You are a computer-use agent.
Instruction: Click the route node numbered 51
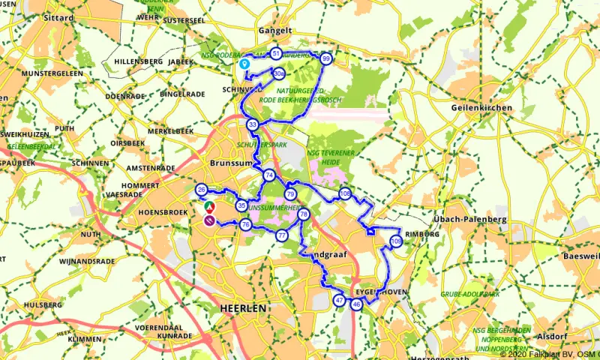point(277,54)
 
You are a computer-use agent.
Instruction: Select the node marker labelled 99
point(325,58)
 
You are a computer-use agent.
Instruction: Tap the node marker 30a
point(278,73)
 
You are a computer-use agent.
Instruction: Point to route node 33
point(253,124)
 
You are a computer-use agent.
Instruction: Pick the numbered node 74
point(269,175)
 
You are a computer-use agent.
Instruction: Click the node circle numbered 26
point(201,189)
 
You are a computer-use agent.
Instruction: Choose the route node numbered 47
point(339,301)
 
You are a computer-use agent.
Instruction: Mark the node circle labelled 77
point(282,235)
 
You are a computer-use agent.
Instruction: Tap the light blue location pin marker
point(244,64)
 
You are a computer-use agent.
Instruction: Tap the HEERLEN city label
point(244,308)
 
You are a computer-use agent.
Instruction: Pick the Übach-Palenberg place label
point(470,219)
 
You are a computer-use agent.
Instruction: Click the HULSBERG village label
point(42,305)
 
